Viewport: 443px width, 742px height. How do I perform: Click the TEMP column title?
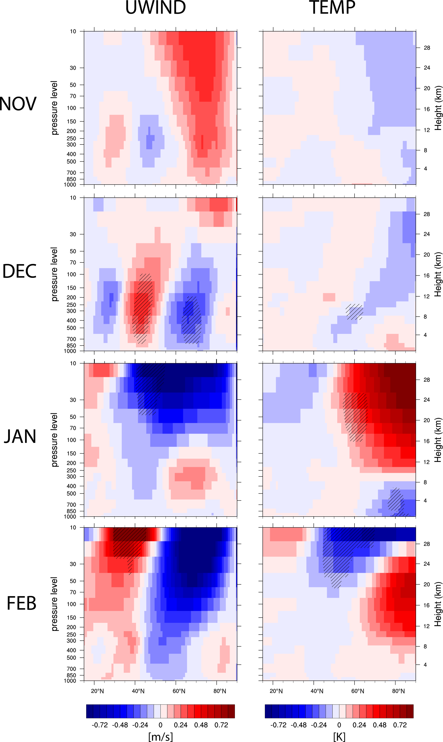(x=332, y=8)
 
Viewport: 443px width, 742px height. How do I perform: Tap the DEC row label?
(x=20, y=271)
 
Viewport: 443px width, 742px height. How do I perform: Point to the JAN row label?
(x=20, y=437)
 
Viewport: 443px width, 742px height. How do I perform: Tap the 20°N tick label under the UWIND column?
(x=97, y=691)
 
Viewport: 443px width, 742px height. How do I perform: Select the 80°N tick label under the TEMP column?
(x=398, y=691)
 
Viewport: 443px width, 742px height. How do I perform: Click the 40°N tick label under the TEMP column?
(x=317, y=691)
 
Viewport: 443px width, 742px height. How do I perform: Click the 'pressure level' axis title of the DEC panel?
(x=54, y=274)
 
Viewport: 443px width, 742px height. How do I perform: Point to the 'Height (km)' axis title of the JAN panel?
(x=438, y=440)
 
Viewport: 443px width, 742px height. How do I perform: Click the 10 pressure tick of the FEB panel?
(x=73, y=527)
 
